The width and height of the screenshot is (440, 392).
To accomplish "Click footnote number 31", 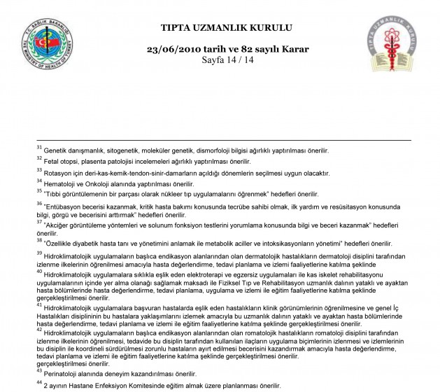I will pyautogui.click(x=39, y=148).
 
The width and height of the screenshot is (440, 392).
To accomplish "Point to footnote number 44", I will pyautogui.click(x=39, y=383).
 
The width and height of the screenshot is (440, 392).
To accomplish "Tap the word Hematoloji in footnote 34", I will pyautogui.click(x=60, y=183).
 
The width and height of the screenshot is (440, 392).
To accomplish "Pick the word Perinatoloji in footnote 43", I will pyautogui.click(x=62, y=374).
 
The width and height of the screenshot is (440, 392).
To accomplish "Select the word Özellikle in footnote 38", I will pyautogui.click(x=62, y=242).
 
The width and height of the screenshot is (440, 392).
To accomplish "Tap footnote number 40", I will pyautogui.click(x=39, y=272).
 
